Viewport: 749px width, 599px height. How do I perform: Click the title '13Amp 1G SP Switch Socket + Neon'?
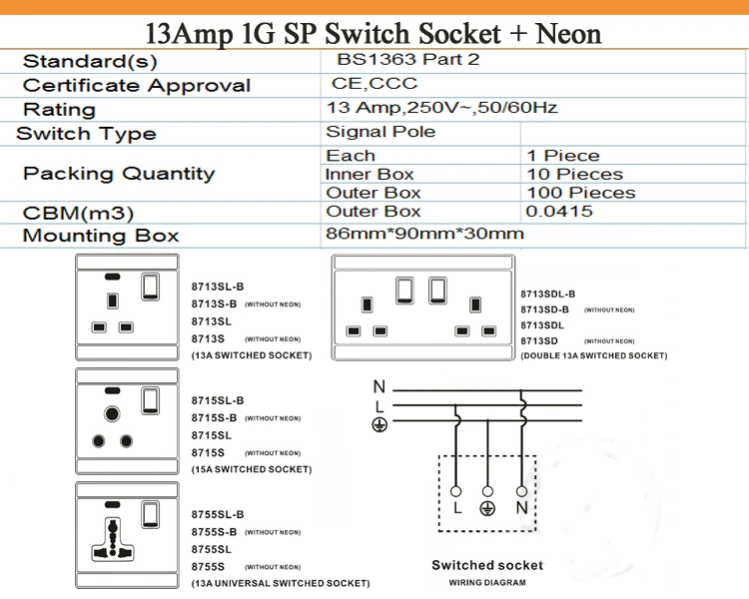[x=374, y=33]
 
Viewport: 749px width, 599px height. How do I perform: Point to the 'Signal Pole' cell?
[x=379, y=132]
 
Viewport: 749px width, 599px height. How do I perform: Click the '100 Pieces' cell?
[x=580, y=193]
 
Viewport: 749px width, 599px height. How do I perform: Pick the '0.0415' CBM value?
[x=559, y=212]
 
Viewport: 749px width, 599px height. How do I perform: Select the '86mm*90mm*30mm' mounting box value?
[x=424, y=235]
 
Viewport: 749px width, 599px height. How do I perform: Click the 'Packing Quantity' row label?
[x=119, y=174]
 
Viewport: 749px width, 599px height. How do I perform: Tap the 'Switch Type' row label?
[x=86, y=134]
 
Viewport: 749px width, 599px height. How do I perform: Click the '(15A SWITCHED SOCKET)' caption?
[x=251, y=469]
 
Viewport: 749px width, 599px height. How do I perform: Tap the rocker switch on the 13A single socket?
[x=151, y=288]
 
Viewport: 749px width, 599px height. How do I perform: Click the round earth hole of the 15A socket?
[x=112, y=412]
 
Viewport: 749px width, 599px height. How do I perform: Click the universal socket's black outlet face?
[x=114, y=537]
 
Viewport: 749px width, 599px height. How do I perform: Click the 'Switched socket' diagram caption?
[x=487, y=566]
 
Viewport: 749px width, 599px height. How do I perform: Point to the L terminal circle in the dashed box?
[x=456, y=490]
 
